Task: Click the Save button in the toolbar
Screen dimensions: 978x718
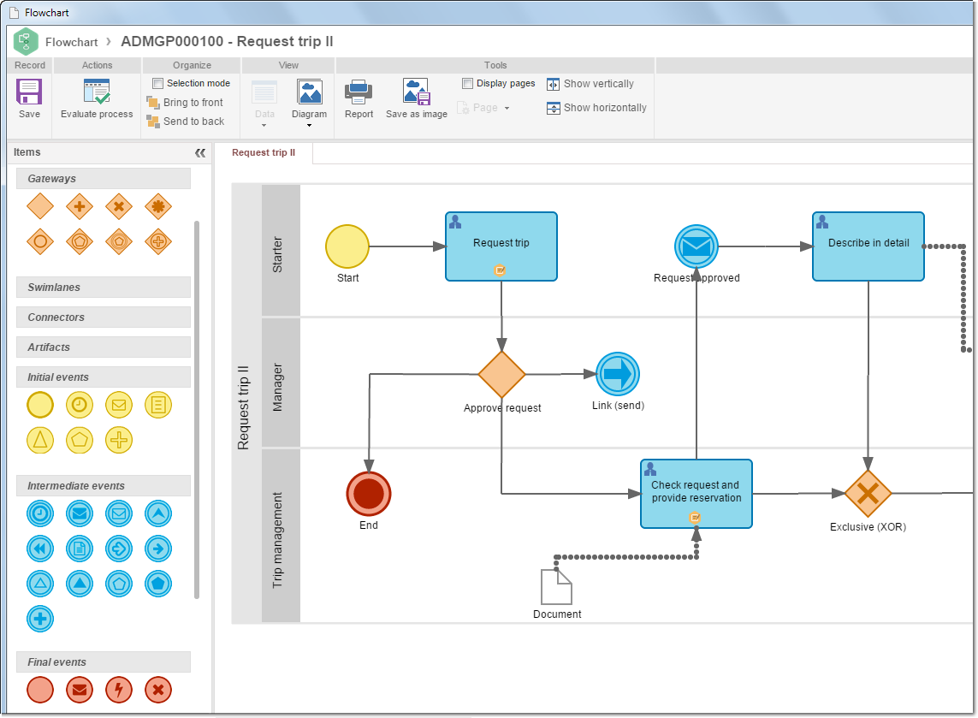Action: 29,98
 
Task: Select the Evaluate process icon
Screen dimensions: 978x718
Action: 98,91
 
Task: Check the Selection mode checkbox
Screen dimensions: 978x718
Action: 157,83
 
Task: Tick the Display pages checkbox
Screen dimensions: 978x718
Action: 467,83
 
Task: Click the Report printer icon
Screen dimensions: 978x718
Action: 359,92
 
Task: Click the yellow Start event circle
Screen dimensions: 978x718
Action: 347,246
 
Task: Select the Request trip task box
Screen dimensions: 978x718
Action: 501,246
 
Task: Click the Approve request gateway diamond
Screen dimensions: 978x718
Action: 501,374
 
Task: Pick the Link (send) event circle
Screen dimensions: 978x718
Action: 618,374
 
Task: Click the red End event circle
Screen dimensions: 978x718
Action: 369,494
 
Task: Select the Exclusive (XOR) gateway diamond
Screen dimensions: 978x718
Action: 868,494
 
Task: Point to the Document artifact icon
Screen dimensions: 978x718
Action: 556,587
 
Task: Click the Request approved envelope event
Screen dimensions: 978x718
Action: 696,246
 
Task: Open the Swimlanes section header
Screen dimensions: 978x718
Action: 104,287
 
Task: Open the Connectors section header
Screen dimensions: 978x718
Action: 104,317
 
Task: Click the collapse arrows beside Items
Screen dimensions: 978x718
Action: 200,153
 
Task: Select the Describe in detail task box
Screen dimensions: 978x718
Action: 868,246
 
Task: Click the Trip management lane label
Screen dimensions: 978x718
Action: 277,540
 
